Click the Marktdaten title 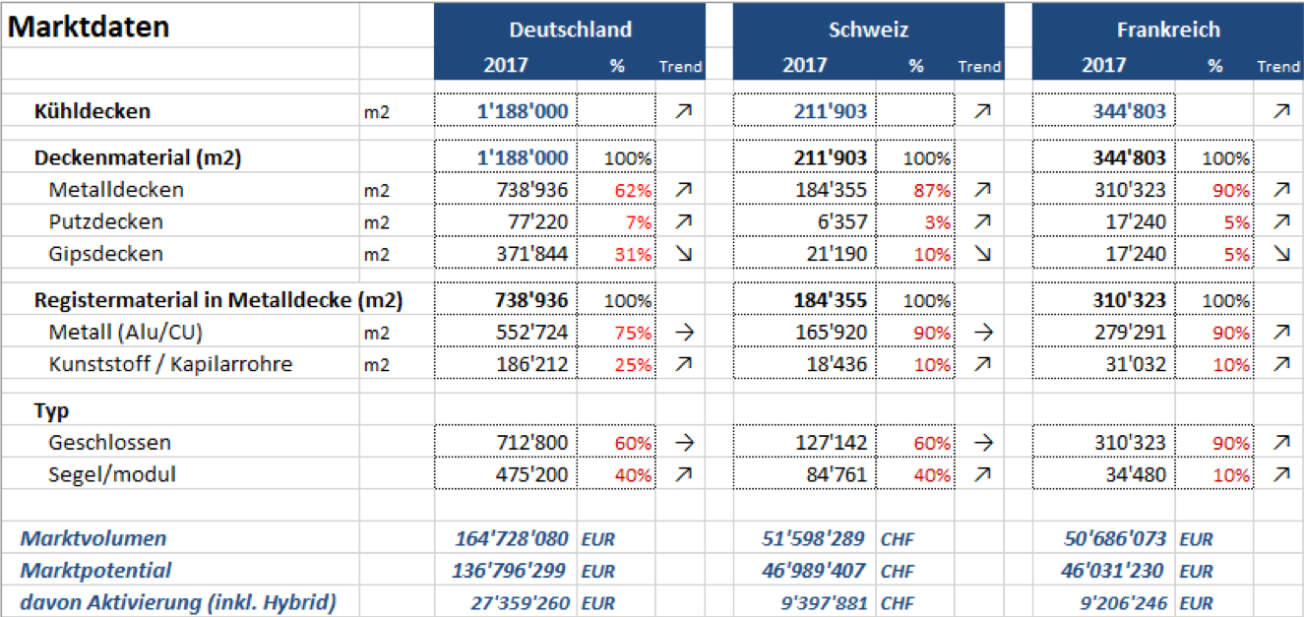[x=89, y=27]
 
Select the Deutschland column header [x=571, y=30]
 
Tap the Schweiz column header [x=869, y=30]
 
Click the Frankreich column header [x=1168, y=30]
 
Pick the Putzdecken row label [x=106, y=221]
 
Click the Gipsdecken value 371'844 [x=532, y=254]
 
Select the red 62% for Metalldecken [x=634, y=190]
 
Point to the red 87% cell [x=932, y=190]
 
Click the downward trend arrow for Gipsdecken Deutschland [x=684, y=254]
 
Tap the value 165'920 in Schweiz [x=832, y=333]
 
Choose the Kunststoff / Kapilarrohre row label [x=170, y=364]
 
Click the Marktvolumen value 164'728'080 [x=512, y=538]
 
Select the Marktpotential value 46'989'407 [x=814, y=571]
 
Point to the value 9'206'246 [x=1124, y=602]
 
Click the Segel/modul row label [x=112, y=474]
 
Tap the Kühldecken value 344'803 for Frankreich [x=1130, y=111]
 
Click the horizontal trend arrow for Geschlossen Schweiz [x=983, y=443]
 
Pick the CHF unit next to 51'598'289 [x=898, y=539]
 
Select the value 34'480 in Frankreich [x=1137, y=475]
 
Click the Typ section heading [x=52, y=411]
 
